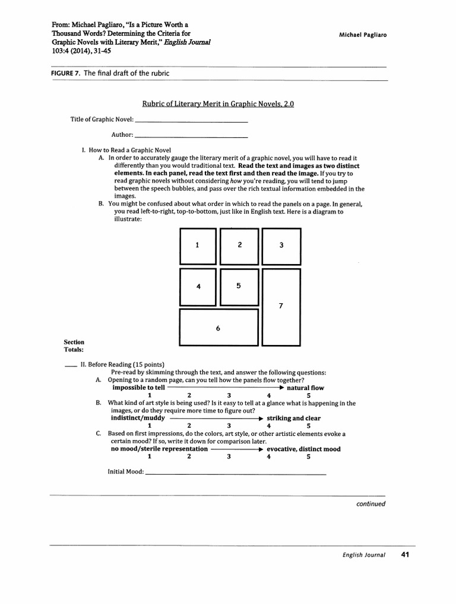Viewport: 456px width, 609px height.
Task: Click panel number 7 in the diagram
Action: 281,306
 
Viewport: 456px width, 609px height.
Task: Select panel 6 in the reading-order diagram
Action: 218,328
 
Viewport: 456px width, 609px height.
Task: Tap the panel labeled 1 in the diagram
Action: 198,246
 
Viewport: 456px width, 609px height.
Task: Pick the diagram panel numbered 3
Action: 281,246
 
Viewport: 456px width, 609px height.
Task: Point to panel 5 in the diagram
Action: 239,286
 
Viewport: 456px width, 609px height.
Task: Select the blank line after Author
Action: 191,136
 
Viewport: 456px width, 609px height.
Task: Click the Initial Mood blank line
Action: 235,473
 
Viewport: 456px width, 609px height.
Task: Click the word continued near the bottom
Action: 370,504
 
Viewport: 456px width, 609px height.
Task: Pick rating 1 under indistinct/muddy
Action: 150,426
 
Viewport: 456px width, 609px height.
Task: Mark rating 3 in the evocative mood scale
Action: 229,457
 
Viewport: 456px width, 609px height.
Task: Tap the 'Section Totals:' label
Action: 74,346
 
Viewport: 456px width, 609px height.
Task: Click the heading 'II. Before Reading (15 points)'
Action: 122,365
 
